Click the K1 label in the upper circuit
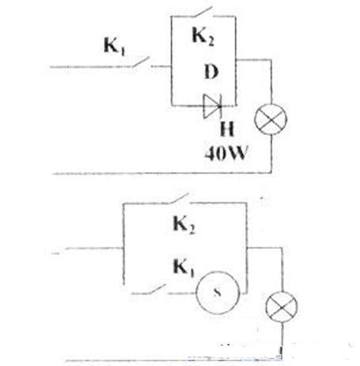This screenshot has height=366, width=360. tap(115, 47)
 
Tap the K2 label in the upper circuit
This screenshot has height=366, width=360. tap(203, 36)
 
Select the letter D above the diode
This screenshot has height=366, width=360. tap(211, 72)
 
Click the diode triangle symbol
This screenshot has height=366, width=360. tap(212, 106)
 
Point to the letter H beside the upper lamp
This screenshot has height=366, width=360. tap(227, 129)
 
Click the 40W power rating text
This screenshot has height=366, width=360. tap(226, 153)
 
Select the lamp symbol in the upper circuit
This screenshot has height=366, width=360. tap(271, 119)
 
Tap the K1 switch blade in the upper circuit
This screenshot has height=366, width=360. tap(141, 62)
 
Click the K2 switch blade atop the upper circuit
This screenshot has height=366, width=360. tap(203, 12)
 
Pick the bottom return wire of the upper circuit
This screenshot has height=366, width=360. tap(162, 173)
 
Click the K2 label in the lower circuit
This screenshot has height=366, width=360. tap(184, 225)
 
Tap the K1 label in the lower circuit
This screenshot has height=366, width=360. tap(184, 267)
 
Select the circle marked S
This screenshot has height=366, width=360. tap(218, 292)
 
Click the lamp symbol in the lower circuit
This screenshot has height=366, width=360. tap(282, 307)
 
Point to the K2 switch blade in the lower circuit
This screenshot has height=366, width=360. tap(180, 198)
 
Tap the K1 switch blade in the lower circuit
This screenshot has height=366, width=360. tap(157, 289)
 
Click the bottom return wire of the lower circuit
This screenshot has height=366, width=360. tap(173, 360)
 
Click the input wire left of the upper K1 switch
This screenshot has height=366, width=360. tap(91, 67)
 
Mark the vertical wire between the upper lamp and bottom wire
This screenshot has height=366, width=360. tap(271, 154)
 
